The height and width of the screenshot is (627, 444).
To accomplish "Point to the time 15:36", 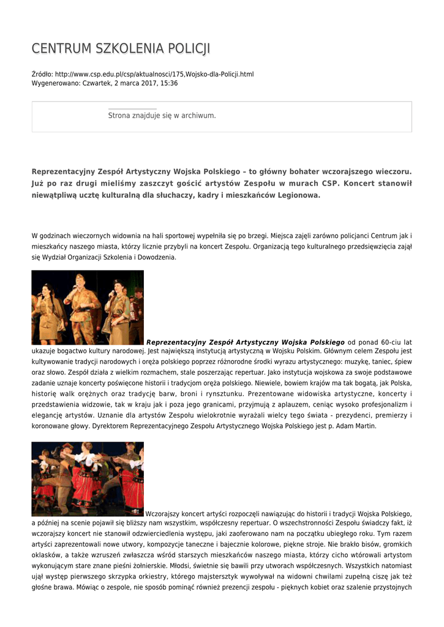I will pos(169,83).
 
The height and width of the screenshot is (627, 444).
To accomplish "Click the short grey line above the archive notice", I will pos(132,109).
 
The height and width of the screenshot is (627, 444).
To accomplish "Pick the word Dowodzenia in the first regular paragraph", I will pos(158,258).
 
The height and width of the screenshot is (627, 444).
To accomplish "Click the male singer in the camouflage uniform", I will pos(81,306).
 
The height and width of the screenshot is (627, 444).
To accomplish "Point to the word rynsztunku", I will pos(220,393).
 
